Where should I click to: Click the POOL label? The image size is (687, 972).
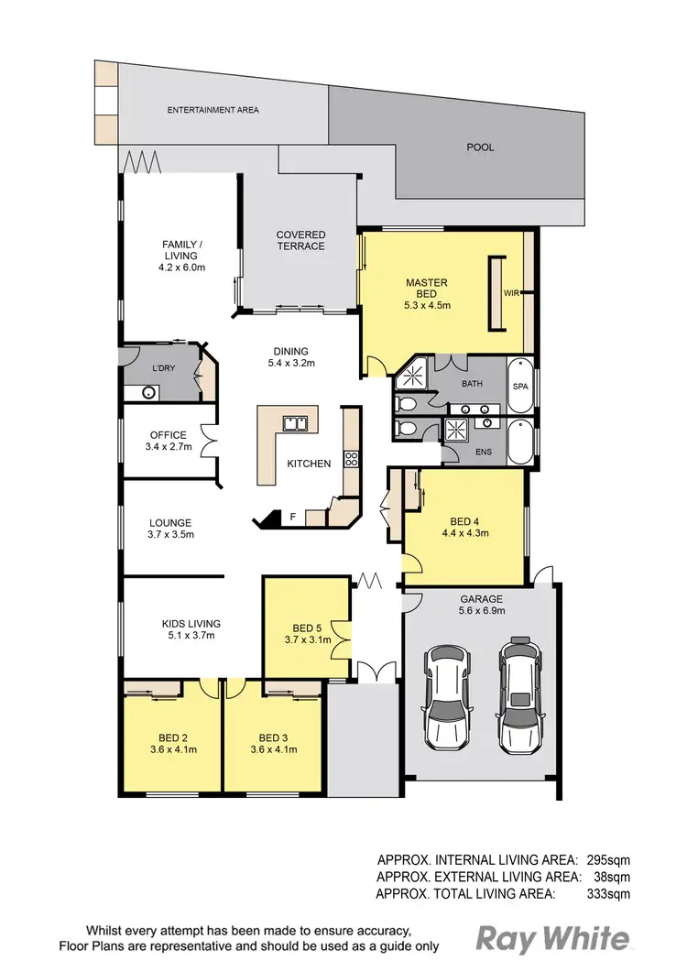[480, 147]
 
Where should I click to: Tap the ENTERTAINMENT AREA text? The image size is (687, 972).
[213, 110]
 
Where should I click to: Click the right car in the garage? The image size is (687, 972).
[517, 694]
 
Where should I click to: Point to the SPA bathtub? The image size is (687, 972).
[520, 387]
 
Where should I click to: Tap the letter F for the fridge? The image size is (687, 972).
[292, 518]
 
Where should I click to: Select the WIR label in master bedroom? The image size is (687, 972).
[512, 293]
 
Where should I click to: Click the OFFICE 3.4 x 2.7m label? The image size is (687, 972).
[168, 442]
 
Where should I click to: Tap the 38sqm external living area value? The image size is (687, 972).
[612, 875]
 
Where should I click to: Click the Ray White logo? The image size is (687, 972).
[552, 939]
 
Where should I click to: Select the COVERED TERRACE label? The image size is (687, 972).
[300, 240]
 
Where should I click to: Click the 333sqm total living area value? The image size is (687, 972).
[608, 891]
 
